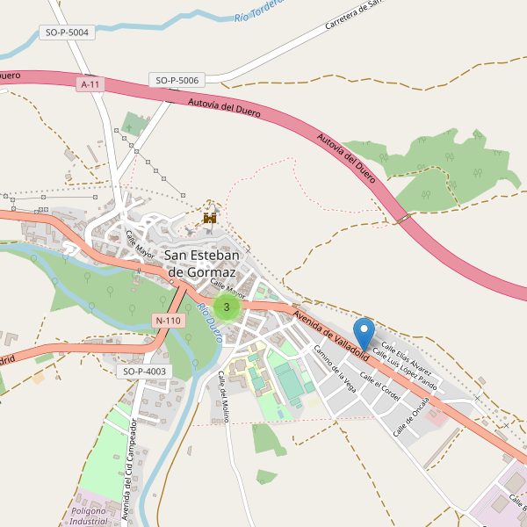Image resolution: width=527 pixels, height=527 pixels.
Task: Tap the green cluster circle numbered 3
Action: (227, 307)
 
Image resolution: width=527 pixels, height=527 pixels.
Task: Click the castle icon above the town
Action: (210, 216)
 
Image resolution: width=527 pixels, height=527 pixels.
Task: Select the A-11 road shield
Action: (90, 84)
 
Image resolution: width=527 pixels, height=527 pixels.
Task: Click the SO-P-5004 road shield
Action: (66, 32)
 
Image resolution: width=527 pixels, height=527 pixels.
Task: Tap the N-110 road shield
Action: (167, 321)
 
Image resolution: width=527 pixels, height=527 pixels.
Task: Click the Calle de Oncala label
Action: (410, 416)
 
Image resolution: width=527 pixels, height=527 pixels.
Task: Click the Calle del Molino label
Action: (223, 395)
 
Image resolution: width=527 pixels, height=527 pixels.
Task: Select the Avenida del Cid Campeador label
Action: (128, 470)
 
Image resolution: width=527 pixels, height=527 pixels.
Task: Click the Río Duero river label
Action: (209, 322)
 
